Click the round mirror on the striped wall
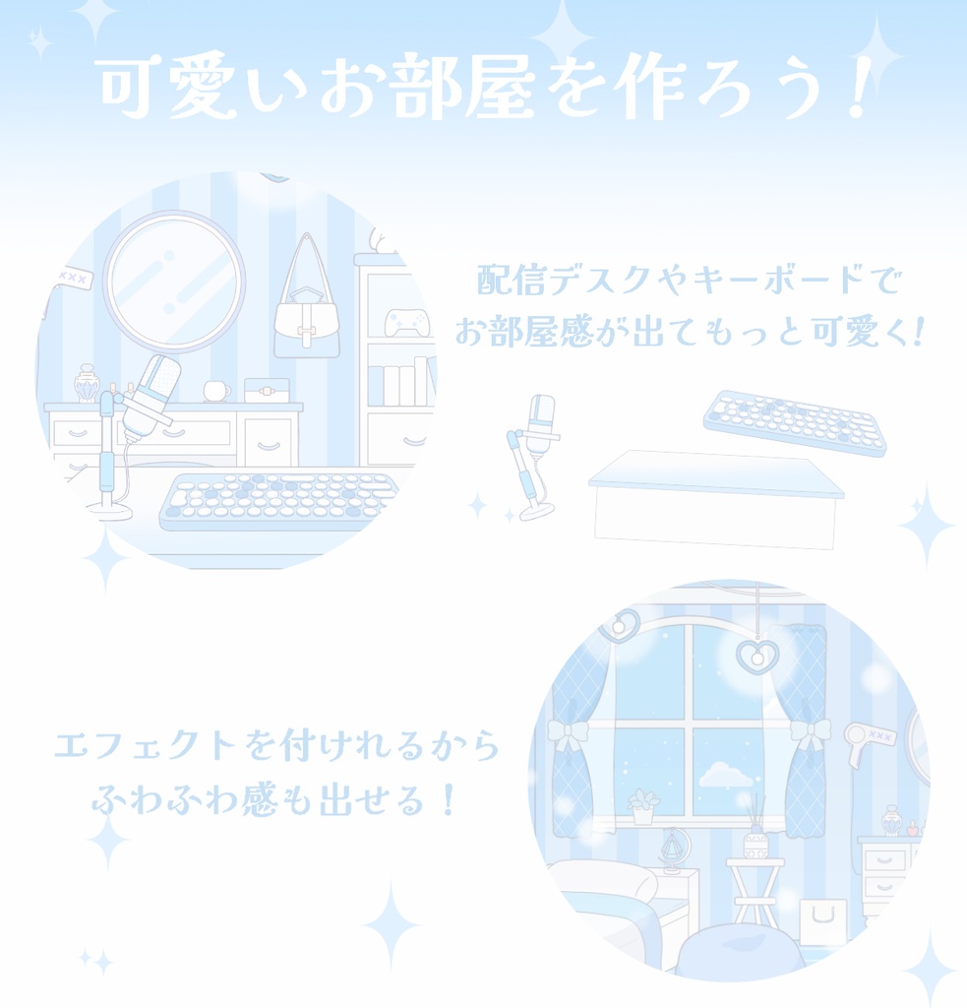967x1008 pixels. coord(174,282)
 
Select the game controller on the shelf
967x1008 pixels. coord(403,322)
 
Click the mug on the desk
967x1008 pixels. coord(215,391)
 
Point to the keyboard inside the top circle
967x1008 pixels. coord(280,499)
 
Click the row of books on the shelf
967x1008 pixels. coord(403,384)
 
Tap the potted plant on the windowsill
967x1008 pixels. coord(642,805)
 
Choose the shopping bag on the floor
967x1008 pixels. coord(822,921)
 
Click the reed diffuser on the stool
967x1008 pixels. coord(755,835)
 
